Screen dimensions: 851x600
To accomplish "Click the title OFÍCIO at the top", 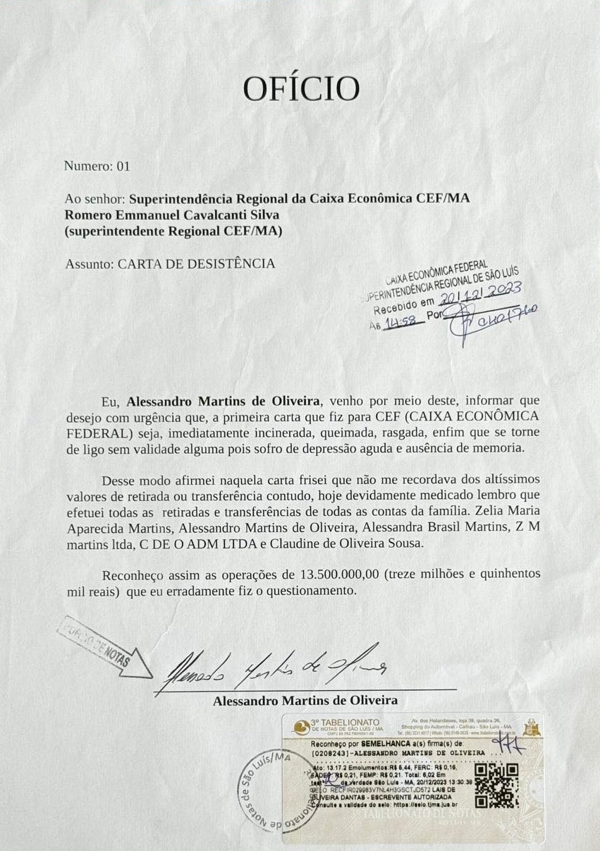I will click(x=301, y=89).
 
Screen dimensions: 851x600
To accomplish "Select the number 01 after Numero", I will click(x=123, y=167).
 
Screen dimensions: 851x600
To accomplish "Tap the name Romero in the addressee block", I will click(x=87, y=215).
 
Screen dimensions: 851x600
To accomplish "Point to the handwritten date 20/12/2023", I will click(x=480, y=291).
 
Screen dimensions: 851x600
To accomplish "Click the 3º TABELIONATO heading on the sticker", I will click(x=345, y=722).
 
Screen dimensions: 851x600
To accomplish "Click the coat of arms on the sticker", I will click(x=532, y=727).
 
